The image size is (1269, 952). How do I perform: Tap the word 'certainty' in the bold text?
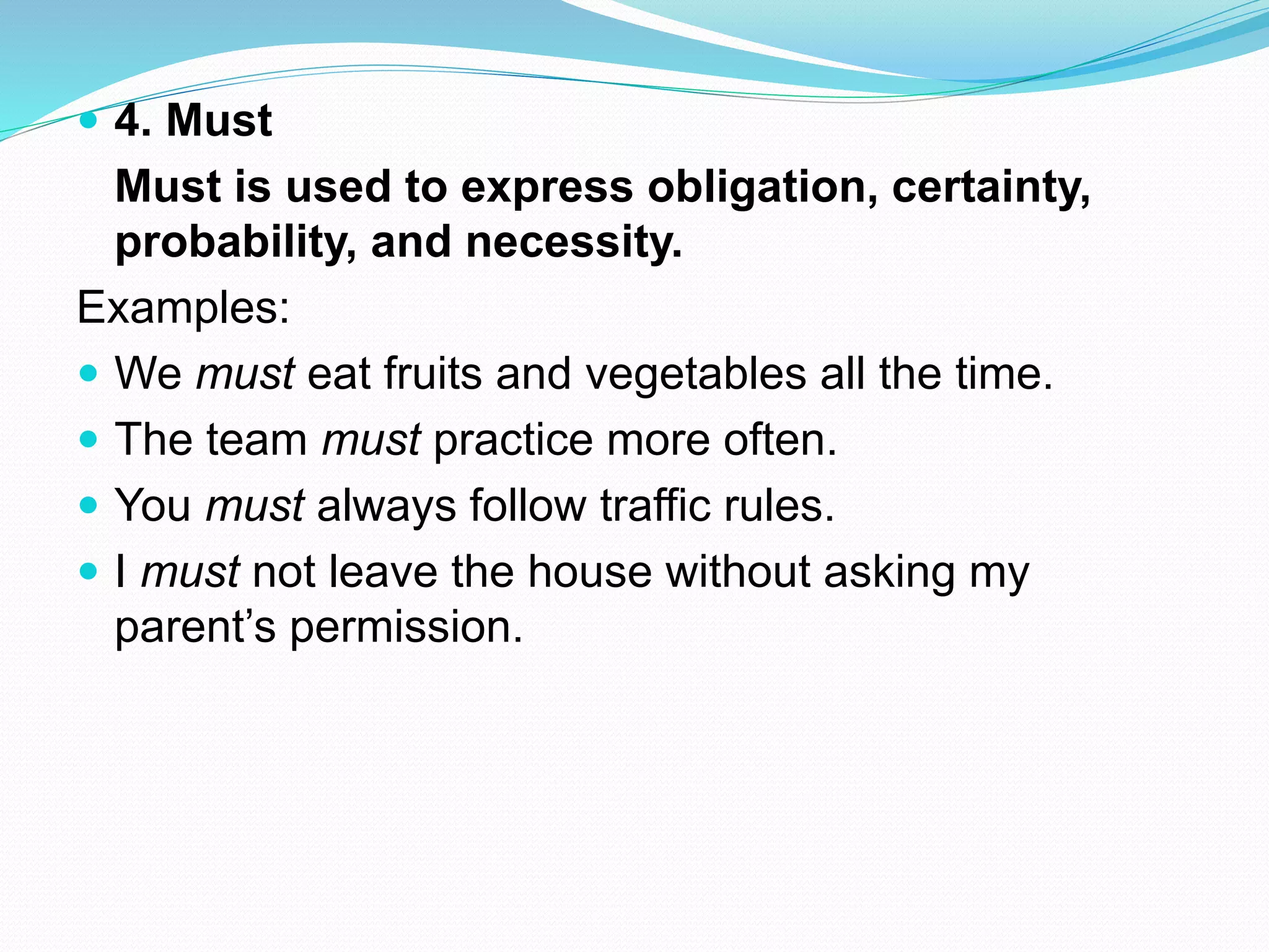pyautogui.click(x=990, y=187)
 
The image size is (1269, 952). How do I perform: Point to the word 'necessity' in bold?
pyautogui.click(x=574, y=242)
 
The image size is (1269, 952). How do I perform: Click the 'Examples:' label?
pyautogui.click(x=183, y=307)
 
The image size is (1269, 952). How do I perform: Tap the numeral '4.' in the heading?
pyautogui.click(x=133, y=120)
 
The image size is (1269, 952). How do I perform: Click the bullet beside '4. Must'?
pyautogui.click(x=89, y=119)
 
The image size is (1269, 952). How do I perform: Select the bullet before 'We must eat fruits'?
pyautogui.click(x=89, y=372)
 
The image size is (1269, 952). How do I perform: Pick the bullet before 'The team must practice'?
pyautogui.click(x=89, y=439)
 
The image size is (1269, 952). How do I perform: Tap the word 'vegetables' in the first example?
pyautogui.click(x=696, y=374)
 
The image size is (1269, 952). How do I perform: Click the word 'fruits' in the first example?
pyautogui.click(x=433, y=374)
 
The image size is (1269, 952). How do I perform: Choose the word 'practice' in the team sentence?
pyautogui.click(x=513, y=440)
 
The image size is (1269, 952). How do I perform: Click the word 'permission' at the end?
pyautogui.click(x=406, y=627)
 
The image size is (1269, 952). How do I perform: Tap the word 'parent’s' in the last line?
pyautogui.click(x=195, y=627)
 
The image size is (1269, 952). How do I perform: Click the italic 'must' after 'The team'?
pyautogui.click(x=371, y=440)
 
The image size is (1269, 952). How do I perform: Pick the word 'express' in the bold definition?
pyautogui.click(x=547, y=187)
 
